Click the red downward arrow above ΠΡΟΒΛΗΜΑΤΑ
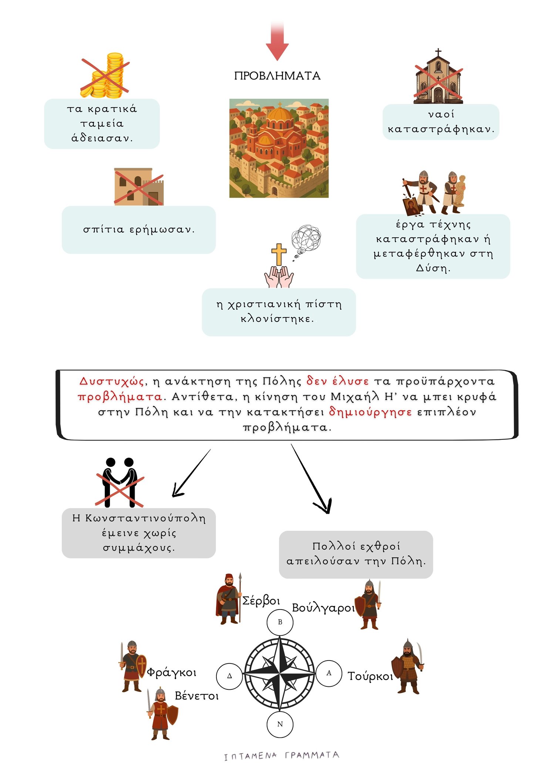coord(277,43)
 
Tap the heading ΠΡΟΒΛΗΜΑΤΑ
coord(277,76)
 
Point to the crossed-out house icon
coord(138,187)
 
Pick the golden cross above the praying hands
coord(279,254)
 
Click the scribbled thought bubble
coord(306,239)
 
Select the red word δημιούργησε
coord(370,411)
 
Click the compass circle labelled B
coord(280,622)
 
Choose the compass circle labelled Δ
coord(229,676)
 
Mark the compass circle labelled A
coord(329,673)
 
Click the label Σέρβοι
coord(261,601)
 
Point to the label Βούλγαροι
coord(323,608)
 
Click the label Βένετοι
coord(196,696)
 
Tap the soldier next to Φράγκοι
coord(133,666)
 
